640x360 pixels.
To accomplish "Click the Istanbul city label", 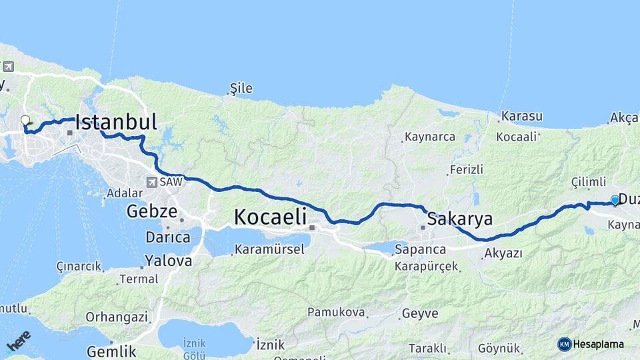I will click(117, 122).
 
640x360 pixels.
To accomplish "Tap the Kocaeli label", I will click(270, 217).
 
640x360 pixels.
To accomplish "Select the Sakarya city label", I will click(459, 219).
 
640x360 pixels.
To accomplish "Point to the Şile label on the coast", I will click(241, 89).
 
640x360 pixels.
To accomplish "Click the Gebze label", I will click(152, 213).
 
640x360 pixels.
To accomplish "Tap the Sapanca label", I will click(420, 249).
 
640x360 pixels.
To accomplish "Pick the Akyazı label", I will click(503, 253).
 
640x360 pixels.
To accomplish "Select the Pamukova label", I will click(336, 312).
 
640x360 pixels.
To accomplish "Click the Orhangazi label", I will click(117, 317).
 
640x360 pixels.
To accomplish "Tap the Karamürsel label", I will click(269, 249).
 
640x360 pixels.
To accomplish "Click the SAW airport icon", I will click(153, 181).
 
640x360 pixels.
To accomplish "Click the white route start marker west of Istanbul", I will click(25, 121).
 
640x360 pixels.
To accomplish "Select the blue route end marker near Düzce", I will click(615, 199).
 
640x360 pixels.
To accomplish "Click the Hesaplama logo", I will click(591, 344).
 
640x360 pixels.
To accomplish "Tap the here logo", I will click(18, 341).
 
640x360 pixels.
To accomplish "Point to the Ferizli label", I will click(467, 169).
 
